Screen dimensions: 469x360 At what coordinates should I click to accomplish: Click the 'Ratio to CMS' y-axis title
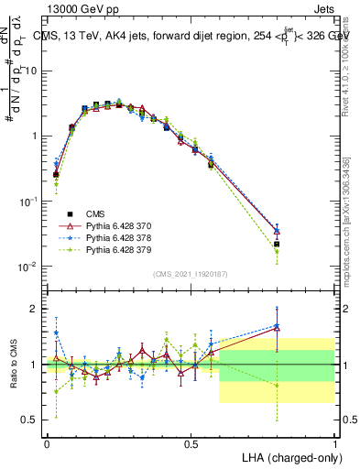(x=13, y=365)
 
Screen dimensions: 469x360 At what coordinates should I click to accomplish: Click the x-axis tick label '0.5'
(x=191, y=442)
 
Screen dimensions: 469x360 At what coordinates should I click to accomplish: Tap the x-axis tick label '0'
(x=47, y=442)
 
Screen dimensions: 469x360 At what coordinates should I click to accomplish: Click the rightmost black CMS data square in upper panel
(x=277, y=245)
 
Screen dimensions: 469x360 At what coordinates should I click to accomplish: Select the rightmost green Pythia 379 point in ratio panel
(x=277, y=386)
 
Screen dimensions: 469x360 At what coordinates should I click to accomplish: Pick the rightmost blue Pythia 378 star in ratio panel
(x=277, y=324)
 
